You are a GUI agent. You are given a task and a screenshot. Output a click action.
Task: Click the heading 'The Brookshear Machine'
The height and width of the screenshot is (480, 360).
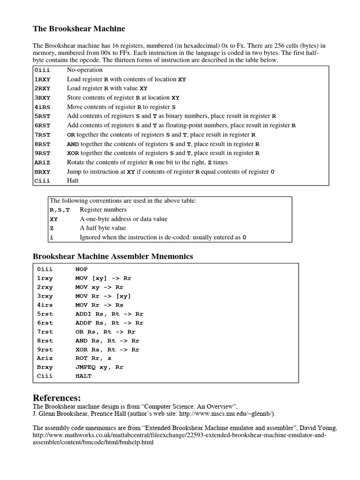[x=79, y=29]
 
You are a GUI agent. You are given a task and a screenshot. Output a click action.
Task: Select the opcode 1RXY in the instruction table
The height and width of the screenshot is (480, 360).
[x=42, y=79]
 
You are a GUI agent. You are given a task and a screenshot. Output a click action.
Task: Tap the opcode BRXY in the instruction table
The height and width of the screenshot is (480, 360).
[x=42, y=172]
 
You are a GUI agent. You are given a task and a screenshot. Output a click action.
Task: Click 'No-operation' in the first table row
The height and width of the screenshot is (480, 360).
[x=85, y=70]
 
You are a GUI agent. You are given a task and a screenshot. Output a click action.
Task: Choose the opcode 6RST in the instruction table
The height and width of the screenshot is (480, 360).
[x=42, y=125]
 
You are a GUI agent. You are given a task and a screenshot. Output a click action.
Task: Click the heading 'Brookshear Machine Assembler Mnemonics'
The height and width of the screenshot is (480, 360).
[x=112, y=256]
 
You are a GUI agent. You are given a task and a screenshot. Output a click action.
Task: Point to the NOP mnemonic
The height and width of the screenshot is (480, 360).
[x=81, y=270]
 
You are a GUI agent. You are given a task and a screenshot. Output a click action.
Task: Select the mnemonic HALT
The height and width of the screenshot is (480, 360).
[x=83, y=376]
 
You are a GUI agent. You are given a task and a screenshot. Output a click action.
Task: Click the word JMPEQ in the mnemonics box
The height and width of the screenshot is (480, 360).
[x=85, y=367]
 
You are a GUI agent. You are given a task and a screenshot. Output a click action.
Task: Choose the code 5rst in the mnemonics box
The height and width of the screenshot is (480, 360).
[x=45, y=314]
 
